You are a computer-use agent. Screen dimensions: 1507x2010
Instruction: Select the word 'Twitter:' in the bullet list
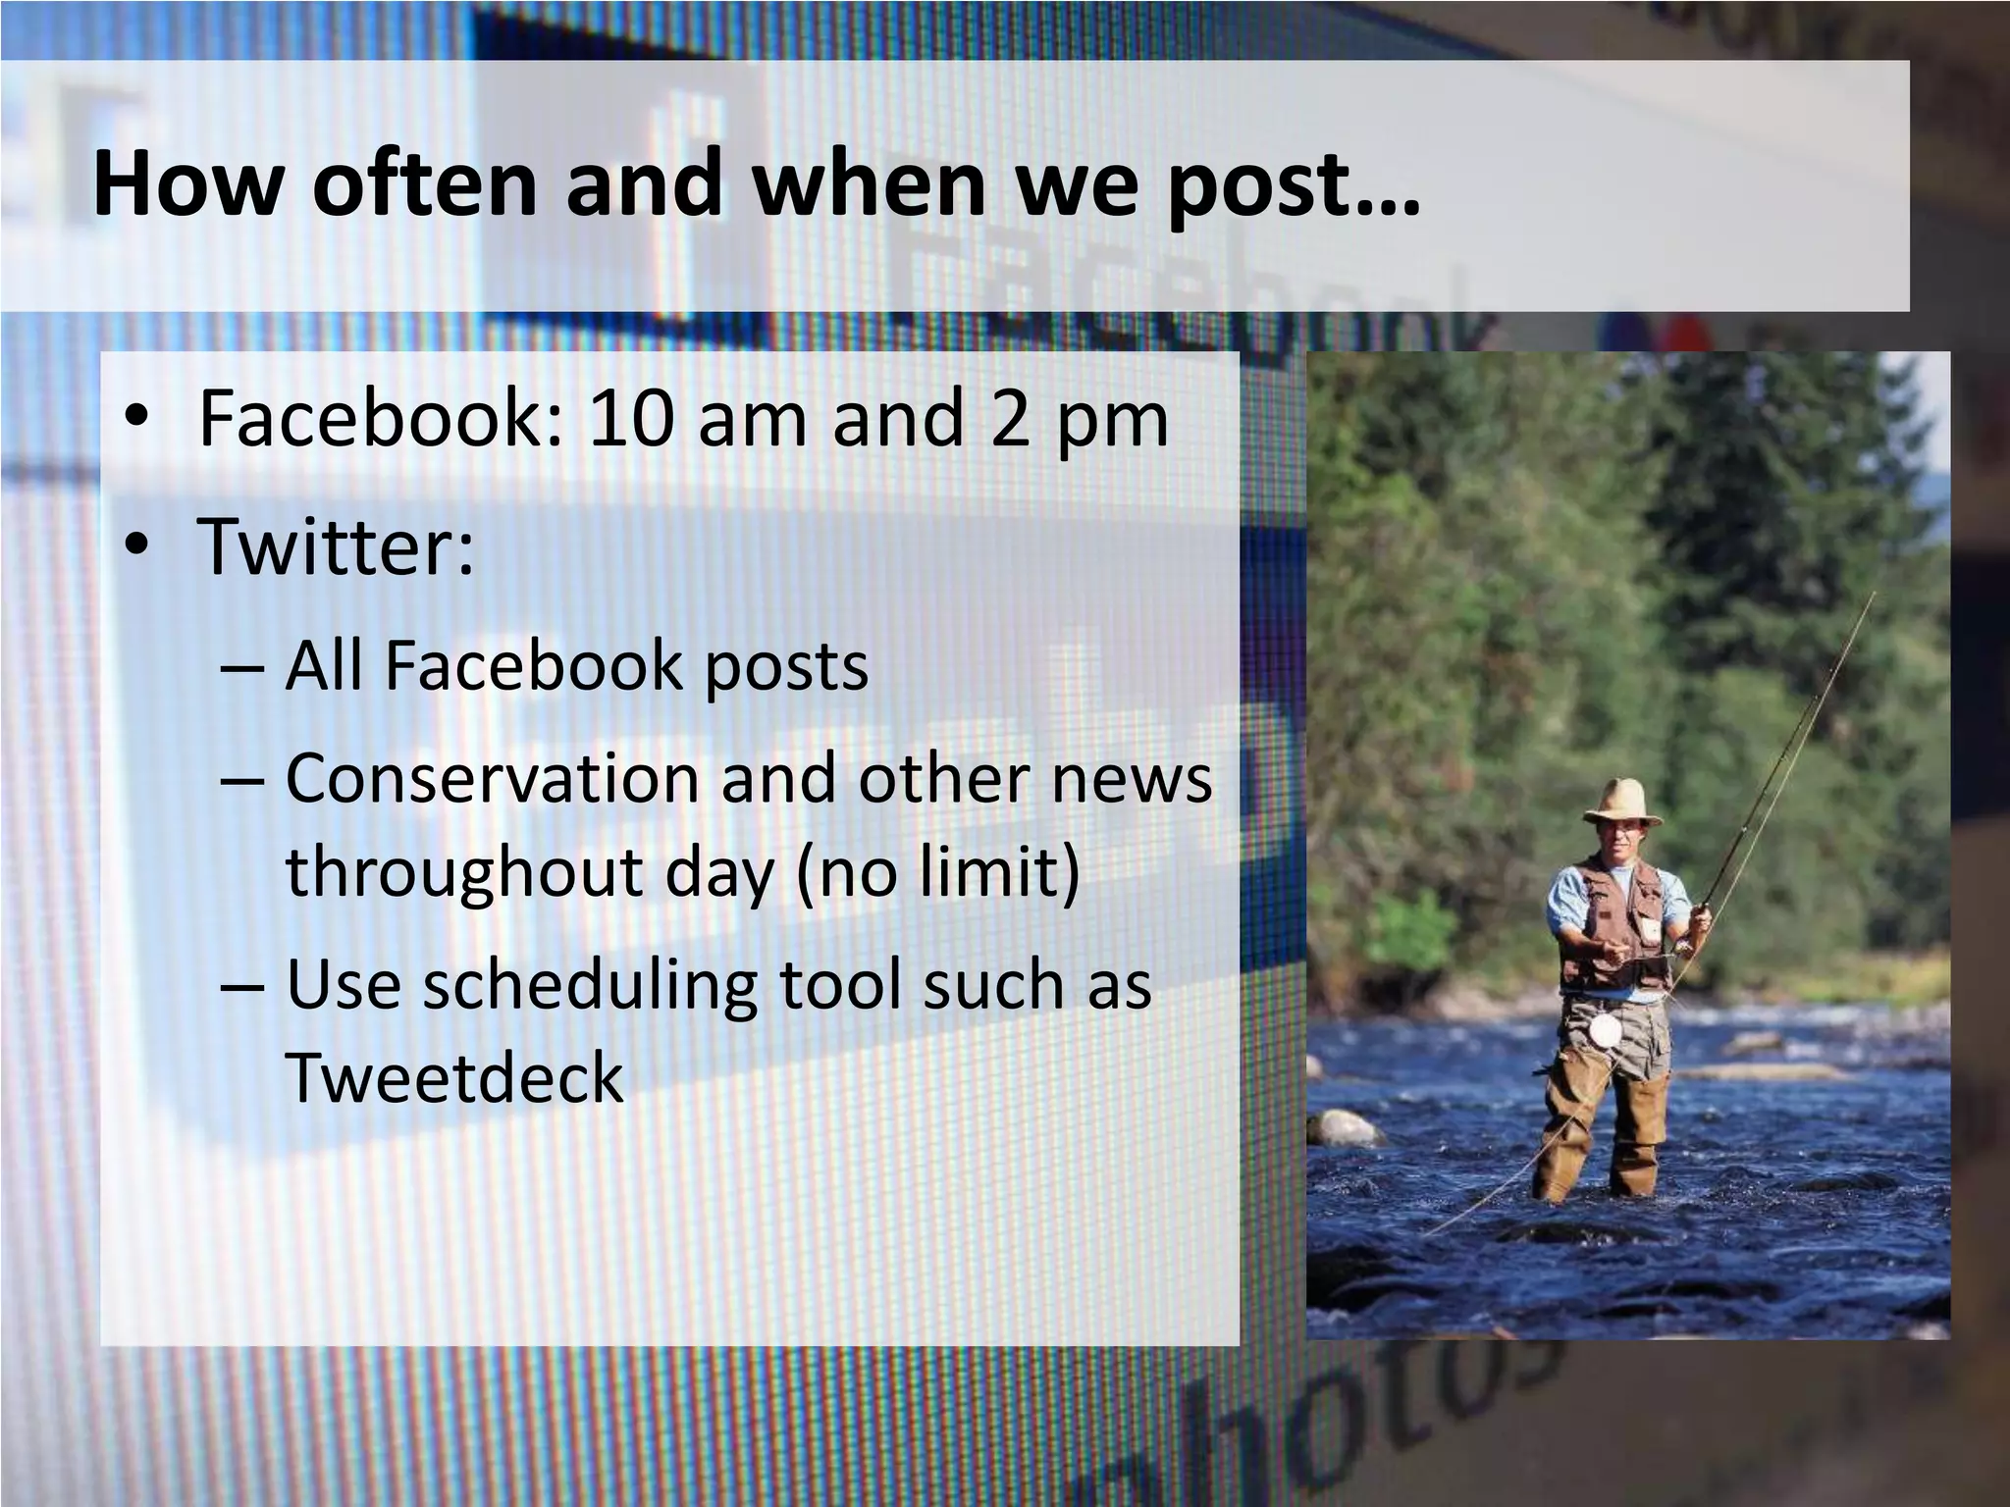coord(336,546)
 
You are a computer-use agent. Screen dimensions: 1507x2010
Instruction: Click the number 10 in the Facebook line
coord(630,418)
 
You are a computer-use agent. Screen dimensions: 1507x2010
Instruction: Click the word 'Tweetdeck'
coord(454,1077)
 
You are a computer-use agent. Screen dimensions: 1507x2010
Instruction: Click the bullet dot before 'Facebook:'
coord(136,420)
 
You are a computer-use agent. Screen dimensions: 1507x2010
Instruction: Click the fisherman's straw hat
coord(1621,802)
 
